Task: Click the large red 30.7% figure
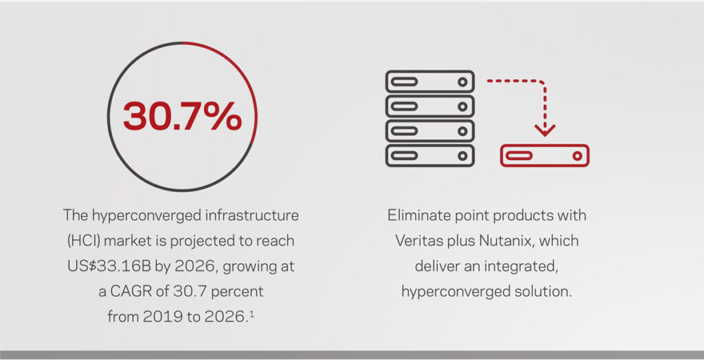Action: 182,116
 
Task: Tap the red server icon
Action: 544,155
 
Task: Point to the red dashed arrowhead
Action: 544,130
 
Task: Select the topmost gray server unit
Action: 430,82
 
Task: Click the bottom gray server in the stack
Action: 430,155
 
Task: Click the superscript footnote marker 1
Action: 252,314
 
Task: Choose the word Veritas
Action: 419,240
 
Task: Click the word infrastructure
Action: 252,216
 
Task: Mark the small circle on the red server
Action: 577,156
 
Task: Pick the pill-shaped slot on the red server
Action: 520,156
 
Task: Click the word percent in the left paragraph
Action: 237,292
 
